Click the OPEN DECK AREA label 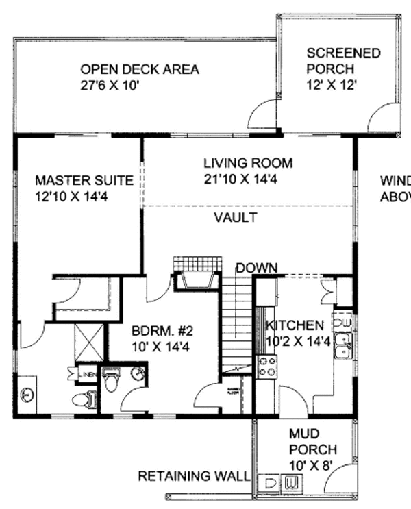140,69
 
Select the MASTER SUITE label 84,181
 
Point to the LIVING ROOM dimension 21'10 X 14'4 248,179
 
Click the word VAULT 235,218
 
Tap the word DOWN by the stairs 257,267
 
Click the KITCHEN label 295,325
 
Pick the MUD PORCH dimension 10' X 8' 312,466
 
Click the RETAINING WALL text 194,475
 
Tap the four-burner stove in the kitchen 266,367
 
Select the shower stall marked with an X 89,342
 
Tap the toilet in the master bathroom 85,398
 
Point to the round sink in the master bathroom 28,395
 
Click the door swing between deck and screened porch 262,115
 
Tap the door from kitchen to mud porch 293,401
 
